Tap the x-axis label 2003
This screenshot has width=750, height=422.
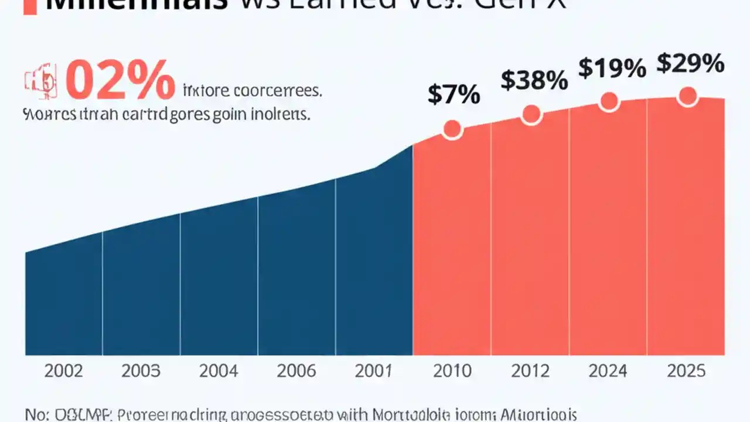pyautogui.click(x=141, y=371)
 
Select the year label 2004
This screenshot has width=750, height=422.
pyautogui.click(x=219, y=371)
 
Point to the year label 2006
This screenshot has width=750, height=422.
pyautogui.click(x=296, y=371)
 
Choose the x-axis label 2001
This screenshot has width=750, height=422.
pyautogui.click(x=374, y=371)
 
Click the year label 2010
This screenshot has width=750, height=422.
pyautogui.click(x=452, y=371)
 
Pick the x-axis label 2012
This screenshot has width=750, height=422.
pyautogui.click(x=530, y=371)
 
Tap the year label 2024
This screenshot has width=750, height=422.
pyautogui.click(x=608, y=371)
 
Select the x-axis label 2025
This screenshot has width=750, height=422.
pyautogui.click(x=686, y=371)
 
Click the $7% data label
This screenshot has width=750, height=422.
pyautogui.click(x=454, y=94)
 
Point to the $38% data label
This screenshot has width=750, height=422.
pyautogui.click(x=534, y=80)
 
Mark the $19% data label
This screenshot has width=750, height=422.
pyautogui.click(x=612, y=68)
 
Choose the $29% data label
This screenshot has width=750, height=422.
pyautogui.click(x=690, y=63)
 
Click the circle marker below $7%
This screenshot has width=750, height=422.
pyautogui.click(x=452, y=130)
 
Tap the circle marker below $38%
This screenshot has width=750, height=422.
pyautogui.click(x=531, y=114)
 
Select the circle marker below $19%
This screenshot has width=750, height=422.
pyautogui.click(x=609, y=101)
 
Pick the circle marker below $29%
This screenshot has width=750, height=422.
pyautogui.click(x=687, y=96)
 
